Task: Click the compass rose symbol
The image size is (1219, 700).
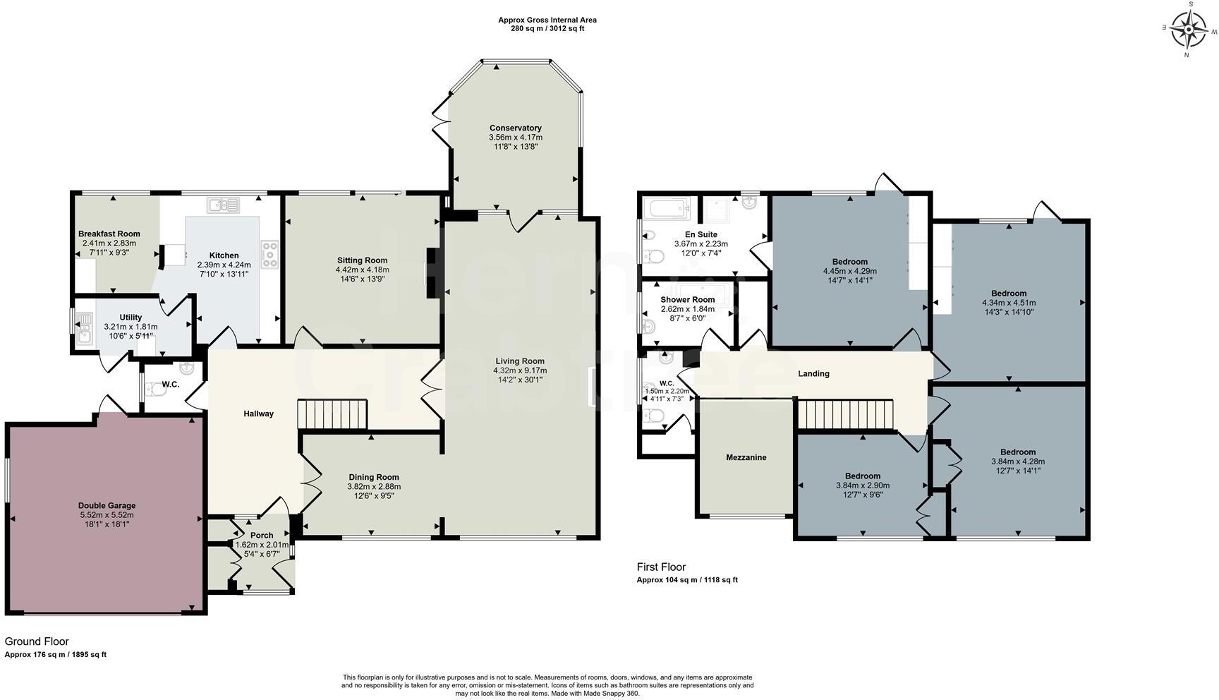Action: (1191, 30)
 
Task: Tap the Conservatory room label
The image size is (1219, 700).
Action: (515, 128)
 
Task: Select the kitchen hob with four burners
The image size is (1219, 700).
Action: (269, 254)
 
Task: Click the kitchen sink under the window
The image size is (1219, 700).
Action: (223, 205)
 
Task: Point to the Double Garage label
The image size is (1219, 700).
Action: (107, 505)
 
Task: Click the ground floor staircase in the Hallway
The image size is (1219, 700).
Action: (332, 414)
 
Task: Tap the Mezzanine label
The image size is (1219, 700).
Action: (746, 457)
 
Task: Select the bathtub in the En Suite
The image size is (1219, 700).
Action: (667, 208)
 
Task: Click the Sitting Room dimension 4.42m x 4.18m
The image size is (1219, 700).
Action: (362, 270)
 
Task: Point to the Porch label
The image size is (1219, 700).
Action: (262, 535)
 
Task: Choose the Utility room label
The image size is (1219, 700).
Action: (131, 318)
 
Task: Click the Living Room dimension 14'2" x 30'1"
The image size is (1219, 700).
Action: (520, 380)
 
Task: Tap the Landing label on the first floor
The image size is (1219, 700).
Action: (813, 373)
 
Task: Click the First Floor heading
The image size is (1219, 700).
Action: (660, 567)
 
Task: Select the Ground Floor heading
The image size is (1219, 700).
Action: (37, 641)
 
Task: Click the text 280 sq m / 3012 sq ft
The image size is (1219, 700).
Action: (547, 29)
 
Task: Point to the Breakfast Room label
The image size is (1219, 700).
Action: (109, 234)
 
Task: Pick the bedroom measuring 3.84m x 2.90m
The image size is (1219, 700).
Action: (862, 485)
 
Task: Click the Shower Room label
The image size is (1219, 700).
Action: (687, 300)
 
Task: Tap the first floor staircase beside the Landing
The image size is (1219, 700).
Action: (845, 414)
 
